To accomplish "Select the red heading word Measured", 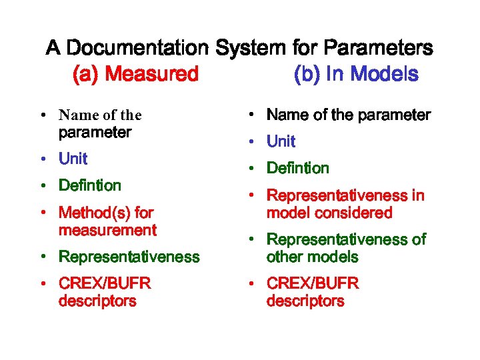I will (152, 74).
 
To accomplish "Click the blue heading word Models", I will (385, 74).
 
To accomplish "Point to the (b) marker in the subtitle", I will (307, 74).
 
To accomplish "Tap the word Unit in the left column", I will (73, 159).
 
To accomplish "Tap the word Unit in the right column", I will (281, 141).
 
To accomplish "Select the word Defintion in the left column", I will (90, 185).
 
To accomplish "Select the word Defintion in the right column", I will (297, 168).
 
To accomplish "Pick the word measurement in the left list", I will (107, 231).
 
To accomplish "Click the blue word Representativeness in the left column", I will (129, 257).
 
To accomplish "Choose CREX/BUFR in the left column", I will (105, 283).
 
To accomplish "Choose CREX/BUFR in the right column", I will (313, 283).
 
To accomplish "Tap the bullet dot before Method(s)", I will (42, 213).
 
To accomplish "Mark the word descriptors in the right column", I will (305, 301).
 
